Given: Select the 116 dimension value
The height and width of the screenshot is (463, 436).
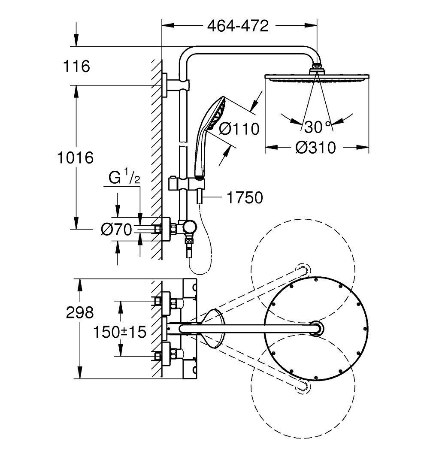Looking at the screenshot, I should [x=76, y=67].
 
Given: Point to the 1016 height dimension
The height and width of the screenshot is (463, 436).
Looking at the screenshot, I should [x=76, y=157].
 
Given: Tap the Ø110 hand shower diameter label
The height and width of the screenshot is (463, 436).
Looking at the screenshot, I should [x=239, y=128].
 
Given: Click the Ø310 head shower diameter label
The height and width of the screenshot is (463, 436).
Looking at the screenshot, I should [x=316, y=148].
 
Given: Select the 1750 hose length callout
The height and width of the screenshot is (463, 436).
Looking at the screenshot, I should [x=245, y=198].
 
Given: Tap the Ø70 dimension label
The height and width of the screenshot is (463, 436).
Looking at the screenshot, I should [x=116, y=230].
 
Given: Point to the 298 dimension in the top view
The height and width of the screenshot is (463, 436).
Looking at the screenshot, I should [x=80, y=312].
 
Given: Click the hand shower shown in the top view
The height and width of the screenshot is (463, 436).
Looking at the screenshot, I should [x=212, y=328].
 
